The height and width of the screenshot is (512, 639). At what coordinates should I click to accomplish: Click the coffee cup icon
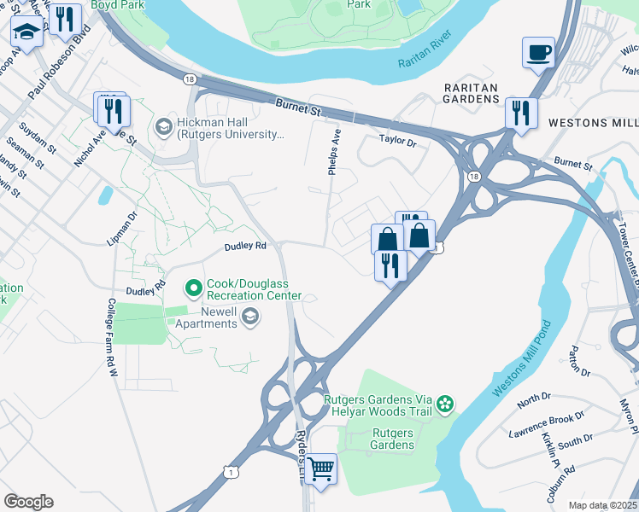538,53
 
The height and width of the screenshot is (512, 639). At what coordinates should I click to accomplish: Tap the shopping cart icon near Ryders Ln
320,468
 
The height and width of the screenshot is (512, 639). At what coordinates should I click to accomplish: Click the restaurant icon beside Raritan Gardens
520,113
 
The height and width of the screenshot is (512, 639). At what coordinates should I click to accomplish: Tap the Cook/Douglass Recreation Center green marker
194,288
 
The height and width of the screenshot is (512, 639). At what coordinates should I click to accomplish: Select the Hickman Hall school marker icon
163,127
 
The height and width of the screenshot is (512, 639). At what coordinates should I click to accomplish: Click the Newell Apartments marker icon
249,317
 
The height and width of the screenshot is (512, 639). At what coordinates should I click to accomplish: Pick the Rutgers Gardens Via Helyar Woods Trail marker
444,403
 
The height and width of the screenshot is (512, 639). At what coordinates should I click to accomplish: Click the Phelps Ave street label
336,152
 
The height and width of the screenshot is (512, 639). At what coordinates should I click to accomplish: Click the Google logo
28,502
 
